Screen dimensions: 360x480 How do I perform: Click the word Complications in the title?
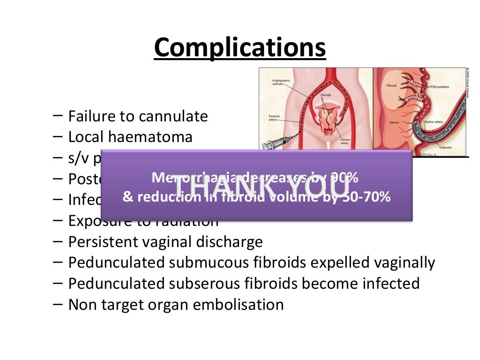tap(240, 48)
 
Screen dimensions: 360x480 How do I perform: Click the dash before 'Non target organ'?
tap(59, 304)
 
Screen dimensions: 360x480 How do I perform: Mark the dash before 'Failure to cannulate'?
tap(59, 115)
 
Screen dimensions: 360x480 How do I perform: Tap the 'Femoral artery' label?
tap(274, 117)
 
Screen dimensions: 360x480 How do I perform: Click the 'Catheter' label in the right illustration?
tap(446, 148)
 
